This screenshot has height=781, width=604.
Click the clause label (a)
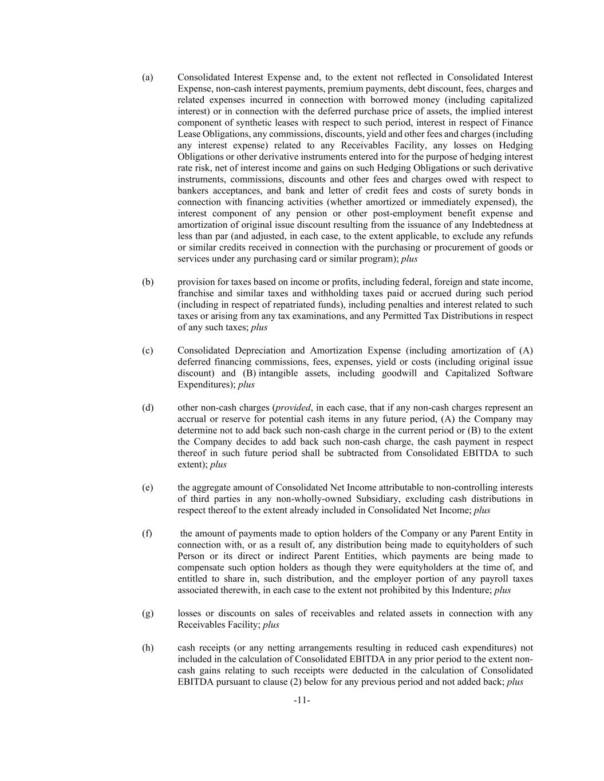point(148,77)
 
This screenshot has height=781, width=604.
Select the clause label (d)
point(148,408)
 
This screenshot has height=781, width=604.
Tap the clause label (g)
point(148,613)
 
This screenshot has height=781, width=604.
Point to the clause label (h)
point(148,648)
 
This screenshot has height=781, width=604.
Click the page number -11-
point(302,700)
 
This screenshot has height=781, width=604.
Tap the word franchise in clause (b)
point(195,293)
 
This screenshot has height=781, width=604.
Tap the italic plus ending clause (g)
point(271,625)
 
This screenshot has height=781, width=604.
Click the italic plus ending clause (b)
point(259,327)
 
